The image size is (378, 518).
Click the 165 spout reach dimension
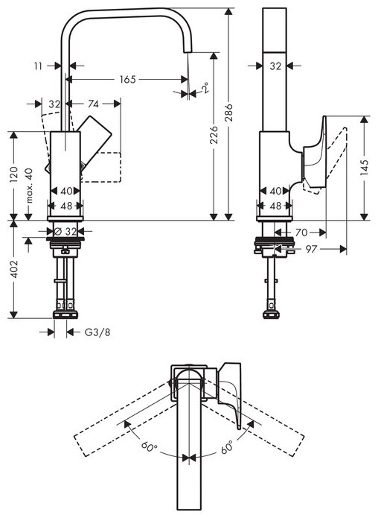click(127, 79)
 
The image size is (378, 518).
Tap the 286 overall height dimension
click(228, 113)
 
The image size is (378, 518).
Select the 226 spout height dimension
click(214, 134)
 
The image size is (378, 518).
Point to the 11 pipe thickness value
click(38, 66)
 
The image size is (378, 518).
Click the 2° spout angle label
click(205, 88)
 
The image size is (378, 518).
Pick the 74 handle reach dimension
click(93, 104)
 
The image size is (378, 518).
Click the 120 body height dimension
click(13, 174)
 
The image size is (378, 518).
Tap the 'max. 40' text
click(29, 186)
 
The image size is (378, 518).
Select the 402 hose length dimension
click(14, 269)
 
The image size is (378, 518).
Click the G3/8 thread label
click(97, 332)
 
